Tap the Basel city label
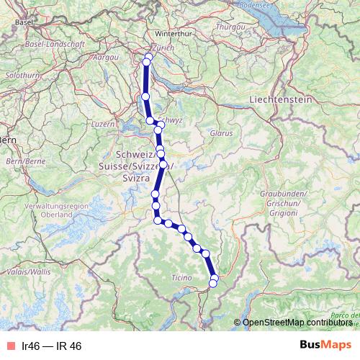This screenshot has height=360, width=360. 24,22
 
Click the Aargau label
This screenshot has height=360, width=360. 106,56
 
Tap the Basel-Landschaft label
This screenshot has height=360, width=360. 53,44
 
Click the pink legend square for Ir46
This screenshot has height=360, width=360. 9,346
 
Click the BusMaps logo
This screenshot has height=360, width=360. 325,346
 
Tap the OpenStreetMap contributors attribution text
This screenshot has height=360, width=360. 295,322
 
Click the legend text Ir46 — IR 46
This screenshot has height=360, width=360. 51,346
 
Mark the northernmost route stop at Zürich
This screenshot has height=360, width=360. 149,57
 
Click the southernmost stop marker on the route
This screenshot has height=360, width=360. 212,284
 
